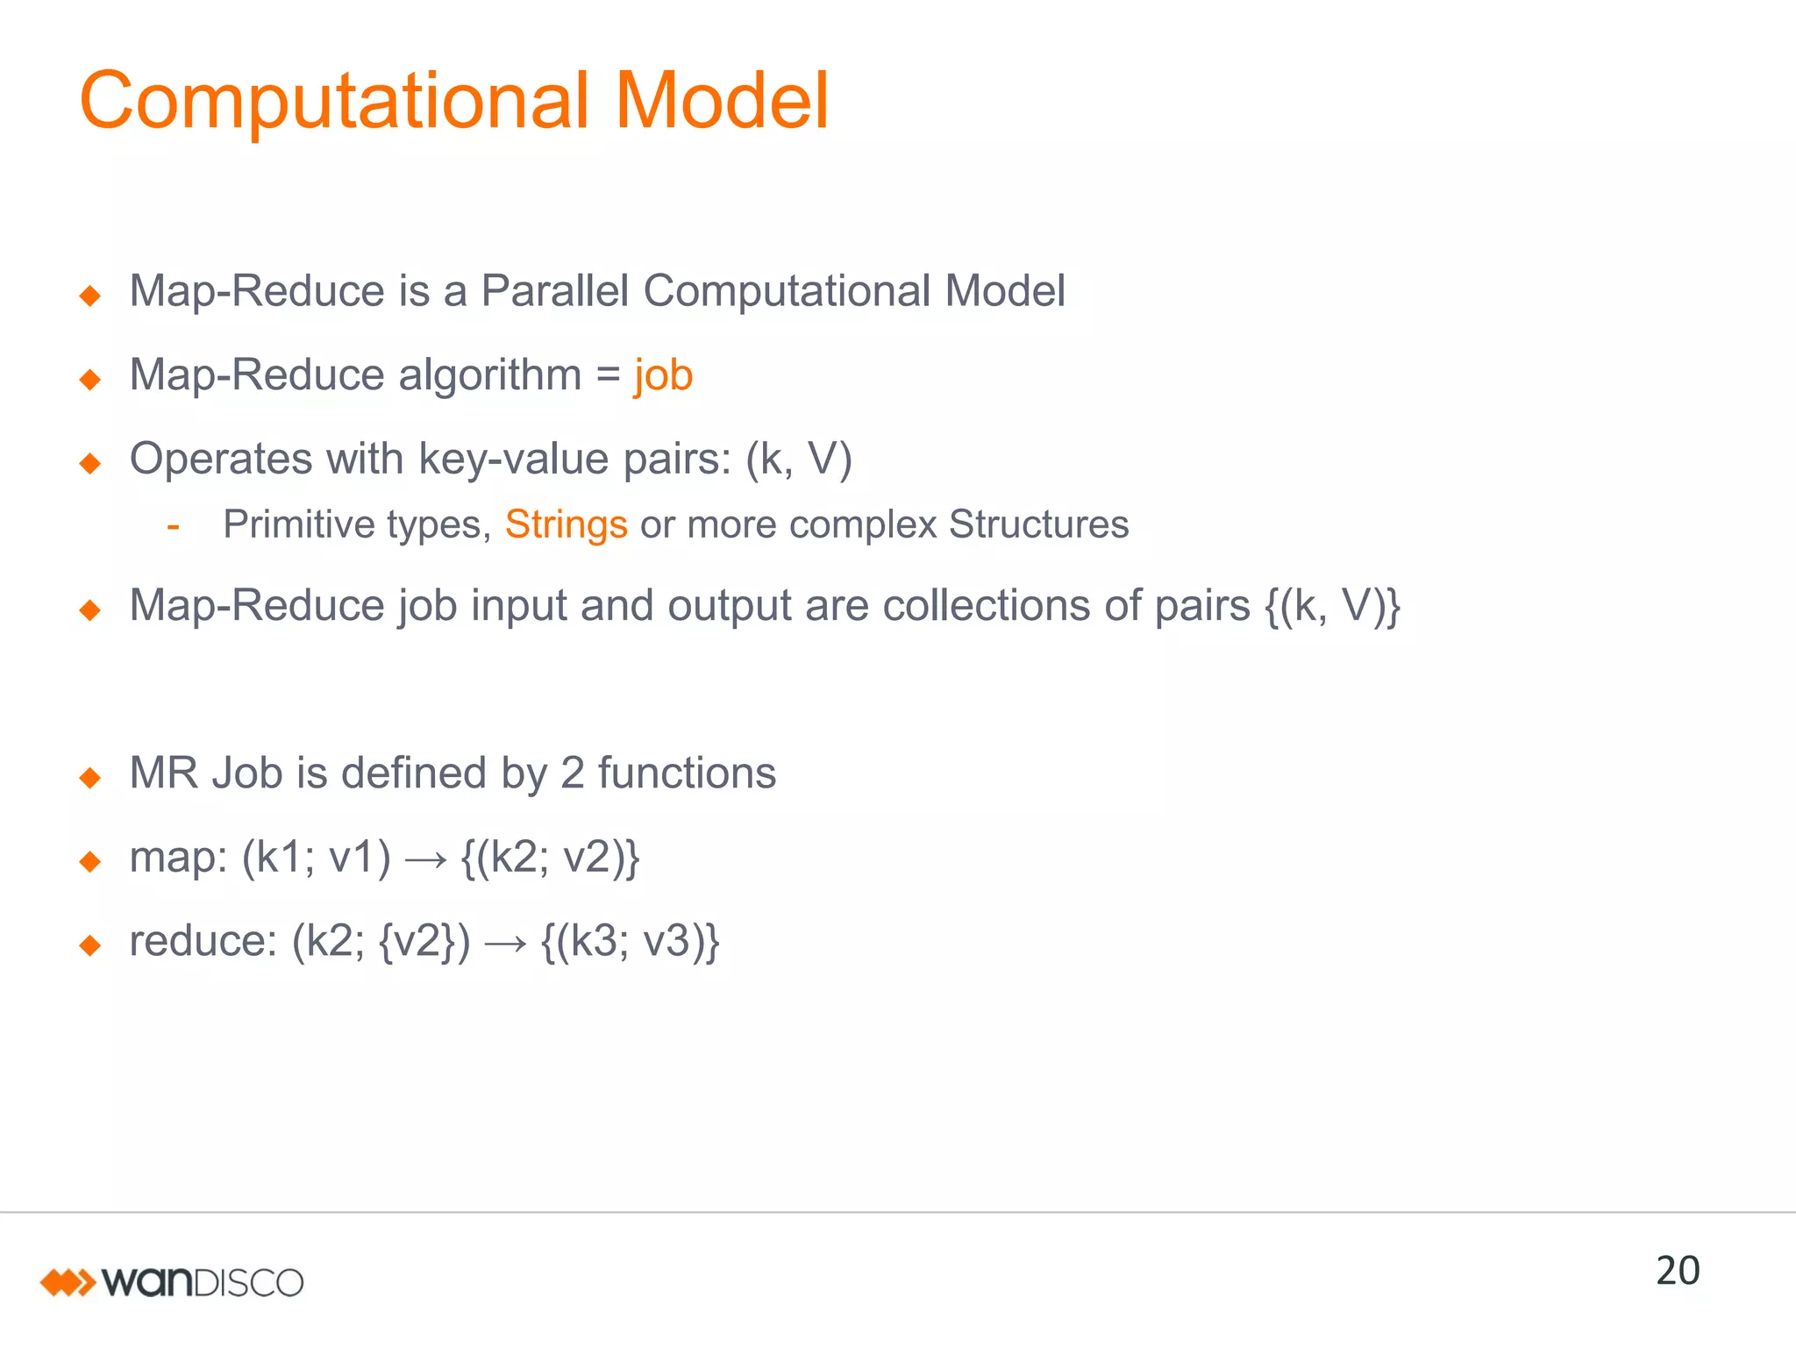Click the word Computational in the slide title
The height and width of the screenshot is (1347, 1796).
[x=333, y=102]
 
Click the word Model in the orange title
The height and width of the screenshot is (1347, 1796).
[x=721, y=102]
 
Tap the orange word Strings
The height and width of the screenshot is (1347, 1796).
[x=566, y=525]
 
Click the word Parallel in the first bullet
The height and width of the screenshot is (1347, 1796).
[x=555, y=291]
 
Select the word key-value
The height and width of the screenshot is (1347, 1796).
[x=514, y=459]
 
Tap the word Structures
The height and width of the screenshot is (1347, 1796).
[x=1038, y=525]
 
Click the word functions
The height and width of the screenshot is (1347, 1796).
[x=687, y=773]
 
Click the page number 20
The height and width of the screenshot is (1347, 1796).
[x=1677, y=1271]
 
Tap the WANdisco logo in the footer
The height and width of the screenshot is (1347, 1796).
[x=172, y=1282]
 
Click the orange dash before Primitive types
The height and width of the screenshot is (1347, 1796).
[x=174, y=526]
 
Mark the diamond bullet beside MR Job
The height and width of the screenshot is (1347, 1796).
[x=90, y=777]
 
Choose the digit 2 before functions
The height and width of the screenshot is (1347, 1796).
[x=572, y=773]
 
